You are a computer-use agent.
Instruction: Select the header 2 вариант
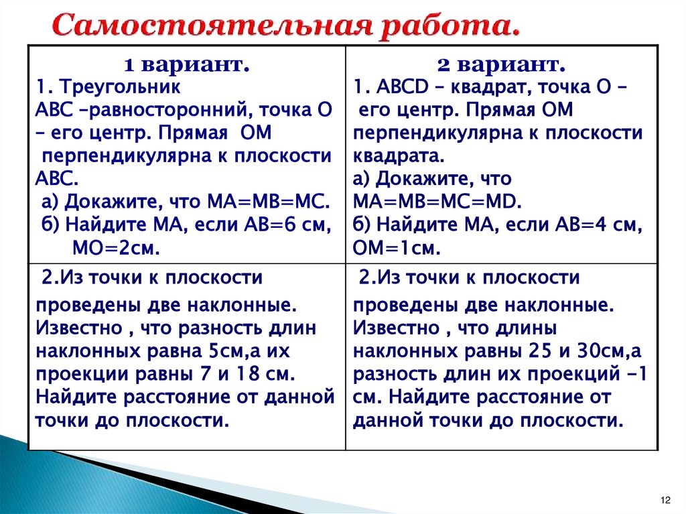(502, 64)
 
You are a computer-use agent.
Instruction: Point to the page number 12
(665, 501)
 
